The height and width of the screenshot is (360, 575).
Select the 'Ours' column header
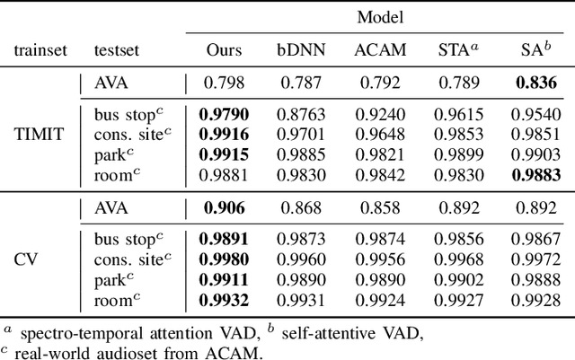pyautogui.click(x=224, y=51)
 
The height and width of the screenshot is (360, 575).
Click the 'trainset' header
pyautogui.click(x=38, y=51)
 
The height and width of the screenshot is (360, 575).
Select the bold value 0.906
pyautogui.click(x=224, y=208)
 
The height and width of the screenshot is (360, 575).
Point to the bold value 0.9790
pyautogui.click(x=224, y=116)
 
